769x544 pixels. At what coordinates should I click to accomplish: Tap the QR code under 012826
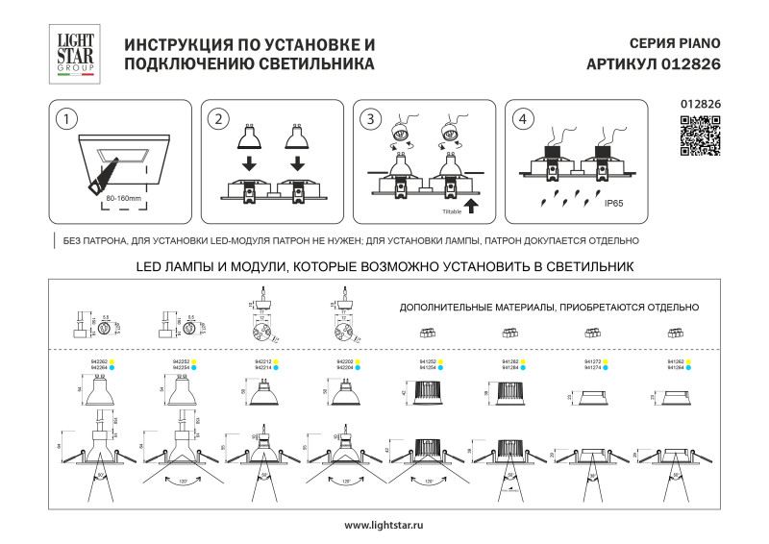coord(700,135)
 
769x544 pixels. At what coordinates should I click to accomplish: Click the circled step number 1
coord(64,119)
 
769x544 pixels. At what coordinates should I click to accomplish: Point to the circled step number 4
coord(522,119)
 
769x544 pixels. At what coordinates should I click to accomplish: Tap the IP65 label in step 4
coord(614,204)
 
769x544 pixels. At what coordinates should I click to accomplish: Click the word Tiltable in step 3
coord(452,209)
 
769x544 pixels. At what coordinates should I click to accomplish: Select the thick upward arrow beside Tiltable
coord(471,206)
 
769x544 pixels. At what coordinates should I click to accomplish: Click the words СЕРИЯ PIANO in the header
coord(674,44)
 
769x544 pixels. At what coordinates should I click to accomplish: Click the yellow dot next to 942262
coord(112,361)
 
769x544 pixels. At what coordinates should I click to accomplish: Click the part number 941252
coord(429,361)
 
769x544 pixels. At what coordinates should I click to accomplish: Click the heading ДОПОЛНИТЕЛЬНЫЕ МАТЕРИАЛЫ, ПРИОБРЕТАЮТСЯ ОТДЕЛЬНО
coord(548,308)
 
